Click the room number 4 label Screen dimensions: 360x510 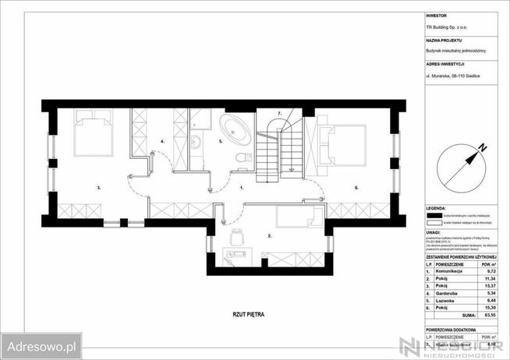[x=161, y=141]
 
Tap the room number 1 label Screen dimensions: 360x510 [x=242, y=188]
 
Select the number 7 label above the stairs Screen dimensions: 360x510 [x=278, y=114]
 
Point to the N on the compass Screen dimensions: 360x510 [x=483, y=146]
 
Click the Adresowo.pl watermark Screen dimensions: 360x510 [x=41, y=343]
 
